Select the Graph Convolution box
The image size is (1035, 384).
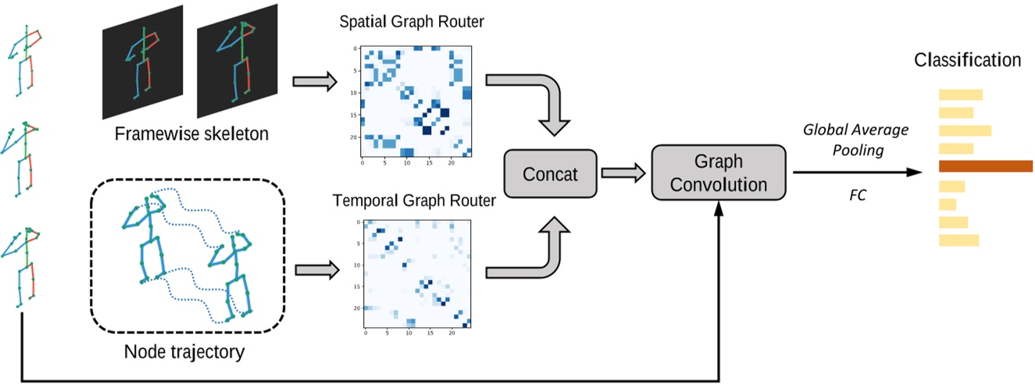pos(718,173)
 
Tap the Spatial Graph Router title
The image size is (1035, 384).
pos(412,21)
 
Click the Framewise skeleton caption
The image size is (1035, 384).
pos(191,133)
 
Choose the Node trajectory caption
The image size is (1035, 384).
pos(184,352)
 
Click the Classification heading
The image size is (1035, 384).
pos(967,60)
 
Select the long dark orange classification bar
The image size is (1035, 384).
pos(985,165)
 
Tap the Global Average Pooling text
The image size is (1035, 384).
pos(855,139)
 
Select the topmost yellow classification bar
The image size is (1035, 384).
pos(960,95)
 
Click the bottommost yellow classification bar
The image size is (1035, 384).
pos(958,240)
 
